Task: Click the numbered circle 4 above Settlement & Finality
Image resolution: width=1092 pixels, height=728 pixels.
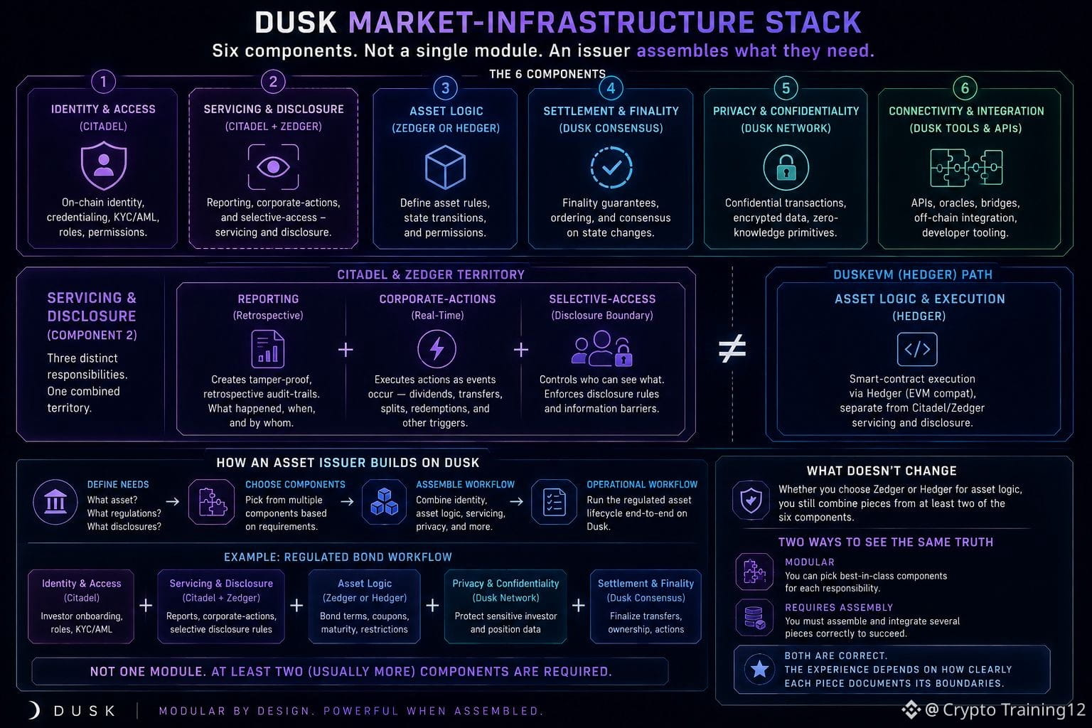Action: click(611, 88)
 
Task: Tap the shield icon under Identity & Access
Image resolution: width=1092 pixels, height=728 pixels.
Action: click(104, 166)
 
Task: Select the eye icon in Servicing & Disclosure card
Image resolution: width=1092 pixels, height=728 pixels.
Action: click(273, 167)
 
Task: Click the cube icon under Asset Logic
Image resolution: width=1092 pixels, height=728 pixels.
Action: click(445, 167)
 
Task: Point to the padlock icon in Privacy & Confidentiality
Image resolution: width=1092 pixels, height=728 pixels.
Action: click(786, 167)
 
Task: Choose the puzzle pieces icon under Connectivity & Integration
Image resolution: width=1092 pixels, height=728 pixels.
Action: click(966, 168)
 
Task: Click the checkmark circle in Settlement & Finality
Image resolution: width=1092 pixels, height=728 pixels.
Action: click(611, 167)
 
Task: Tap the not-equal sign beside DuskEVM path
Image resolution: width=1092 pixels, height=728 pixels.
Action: click(732, 348)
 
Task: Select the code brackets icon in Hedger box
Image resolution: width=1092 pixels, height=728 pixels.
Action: click(917, 349)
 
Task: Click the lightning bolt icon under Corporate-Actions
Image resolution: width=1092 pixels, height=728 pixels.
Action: click(437, 348)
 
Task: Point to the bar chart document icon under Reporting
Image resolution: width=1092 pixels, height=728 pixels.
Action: click(267, 348)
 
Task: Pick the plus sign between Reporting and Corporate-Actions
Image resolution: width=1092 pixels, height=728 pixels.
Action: click(346, 350)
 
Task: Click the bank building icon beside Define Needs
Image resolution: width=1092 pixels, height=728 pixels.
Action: click(55, 502)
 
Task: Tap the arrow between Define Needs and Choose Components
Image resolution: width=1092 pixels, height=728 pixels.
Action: click(173, 501)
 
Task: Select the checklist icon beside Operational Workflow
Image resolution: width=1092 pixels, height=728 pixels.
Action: click(555, 502)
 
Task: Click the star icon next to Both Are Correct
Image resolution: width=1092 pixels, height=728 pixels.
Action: click(759, 669)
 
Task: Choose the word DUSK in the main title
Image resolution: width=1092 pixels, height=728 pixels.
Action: click(296, 23)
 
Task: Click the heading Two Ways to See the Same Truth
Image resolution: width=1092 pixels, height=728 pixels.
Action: click(885, 542)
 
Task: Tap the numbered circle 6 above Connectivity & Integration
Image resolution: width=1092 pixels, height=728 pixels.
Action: click(965, 88)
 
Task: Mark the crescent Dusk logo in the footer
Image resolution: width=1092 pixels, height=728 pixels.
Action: click(34, 710)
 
